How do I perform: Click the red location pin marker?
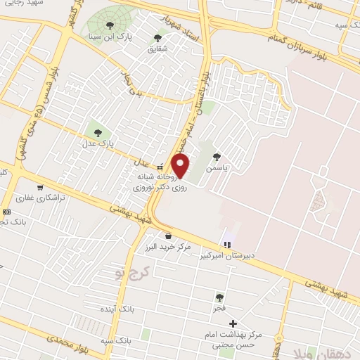click(x=181, y=167)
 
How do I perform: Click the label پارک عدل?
click(x=96, y=143)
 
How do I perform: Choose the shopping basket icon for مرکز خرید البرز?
click(x=169, y=236)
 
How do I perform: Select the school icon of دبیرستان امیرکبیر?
click(x=226, y=245)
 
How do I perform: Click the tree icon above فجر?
click(x=221, y=297)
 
